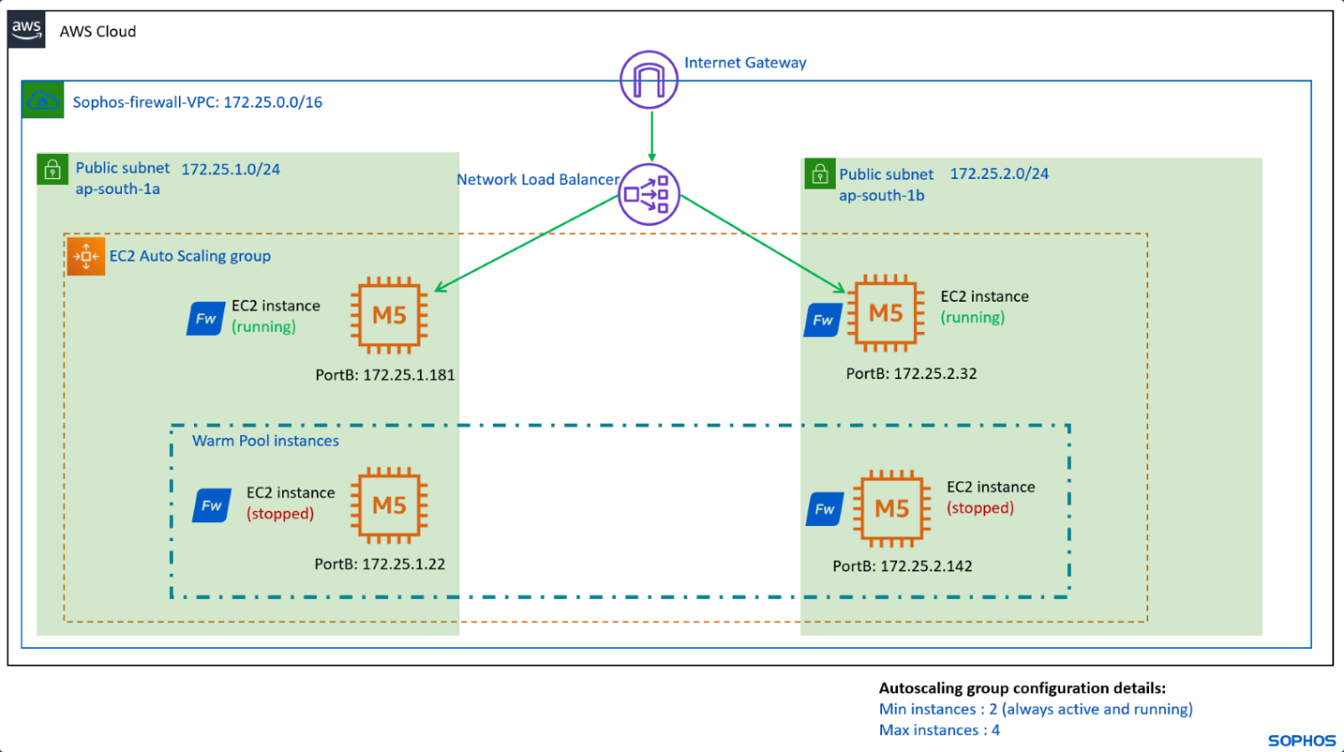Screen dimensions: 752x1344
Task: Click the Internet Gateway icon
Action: (x=649, y=80)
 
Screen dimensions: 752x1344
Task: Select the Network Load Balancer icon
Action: (x=649, y=194)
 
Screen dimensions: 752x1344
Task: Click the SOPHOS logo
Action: (x=1301, y=740)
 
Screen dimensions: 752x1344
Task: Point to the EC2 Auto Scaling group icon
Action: (x=86, y=256)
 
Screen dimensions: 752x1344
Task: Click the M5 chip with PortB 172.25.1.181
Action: (x=389, y=315)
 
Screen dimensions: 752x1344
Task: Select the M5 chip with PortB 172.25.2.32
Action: (x=885, y=313)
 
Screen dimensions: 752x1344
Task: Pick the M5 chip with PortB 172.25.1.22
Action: (x=389, y=505)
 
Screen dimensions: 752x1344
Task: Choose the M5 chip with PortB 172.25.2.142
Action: (x=891, y=508)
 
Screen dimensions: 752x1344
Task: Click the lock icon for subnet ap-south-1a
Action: (x=53, y=169)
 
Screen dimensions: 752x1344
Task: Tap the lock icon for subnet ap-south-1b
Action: (x=820, y=174)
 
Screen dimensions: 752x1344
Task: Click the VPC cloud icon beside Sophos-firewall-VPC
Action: (x=43, y=101)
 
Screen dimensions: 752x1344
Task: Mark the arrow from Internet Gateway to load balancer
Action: (x=652, y=135)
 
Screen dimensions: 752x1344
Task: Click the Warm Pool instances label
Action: (x=265, y=441)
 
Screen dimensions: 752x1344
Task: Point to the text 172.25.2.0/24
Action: (x=999, y=174)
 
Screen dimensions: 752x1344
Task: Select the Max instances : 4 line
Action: (x=939, y=730)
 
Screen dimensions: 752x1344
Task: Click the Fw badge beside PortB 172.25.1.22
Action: (x=212, y=505)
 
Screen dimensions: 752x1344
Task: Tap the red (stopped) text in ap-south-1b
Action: (x=980, y=508)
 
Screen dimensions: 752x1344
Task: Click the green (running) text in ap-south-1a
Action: (x=263, y=327)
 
